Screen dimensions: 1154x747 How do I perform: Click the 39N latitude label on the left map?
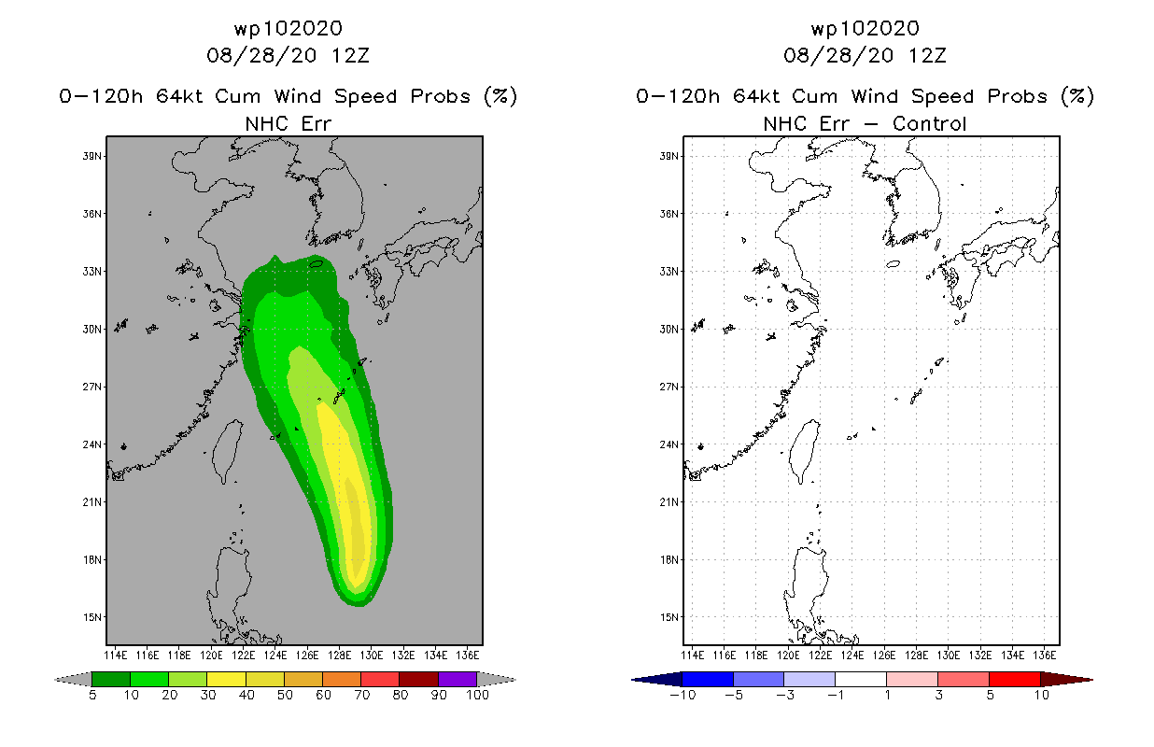(x=92, y=156)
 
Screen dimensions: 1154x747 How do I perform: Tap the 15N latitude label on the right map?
(x=669, y=617)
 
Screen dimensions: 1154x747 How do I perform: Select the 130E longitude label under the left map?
(x=372, y=655)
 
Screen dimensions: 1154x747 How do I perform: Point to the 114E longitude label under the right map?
(x=693, y=655)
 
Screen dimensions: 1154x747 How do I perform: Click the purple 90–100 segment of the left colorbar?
(x=457, y=679)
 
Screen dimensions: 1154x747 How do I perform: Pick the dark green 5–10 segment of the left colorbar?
(x=111, y=679)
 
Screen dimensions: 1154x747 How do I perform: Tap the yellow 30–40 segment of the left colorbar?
(x=227, y=679)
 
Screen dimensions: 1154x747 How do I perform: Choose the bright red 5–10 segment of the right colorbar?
(x=1015, y=679)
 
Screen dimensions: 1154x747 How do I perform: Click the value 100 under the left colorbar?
(x=477, y=695)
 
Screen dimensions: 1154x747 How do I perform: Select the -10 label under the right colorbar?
(x=683, y=695)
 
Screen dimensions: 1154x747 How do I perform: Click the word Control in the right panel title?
(x=929, y=123)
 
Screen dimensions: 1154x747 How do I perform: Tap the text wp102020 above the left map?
(x=288, y=28)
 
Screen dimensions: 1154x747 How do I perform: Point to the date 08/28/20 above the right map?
(x=838, y=55)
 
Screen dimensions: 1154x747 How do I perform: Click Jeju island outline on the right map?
(x=893, y=264)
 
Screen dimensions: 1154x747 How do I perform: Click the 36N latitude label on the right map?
(x=669, y=214)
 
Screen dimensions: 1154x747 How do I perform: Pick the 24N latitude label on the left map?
(x=92, y=444)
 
